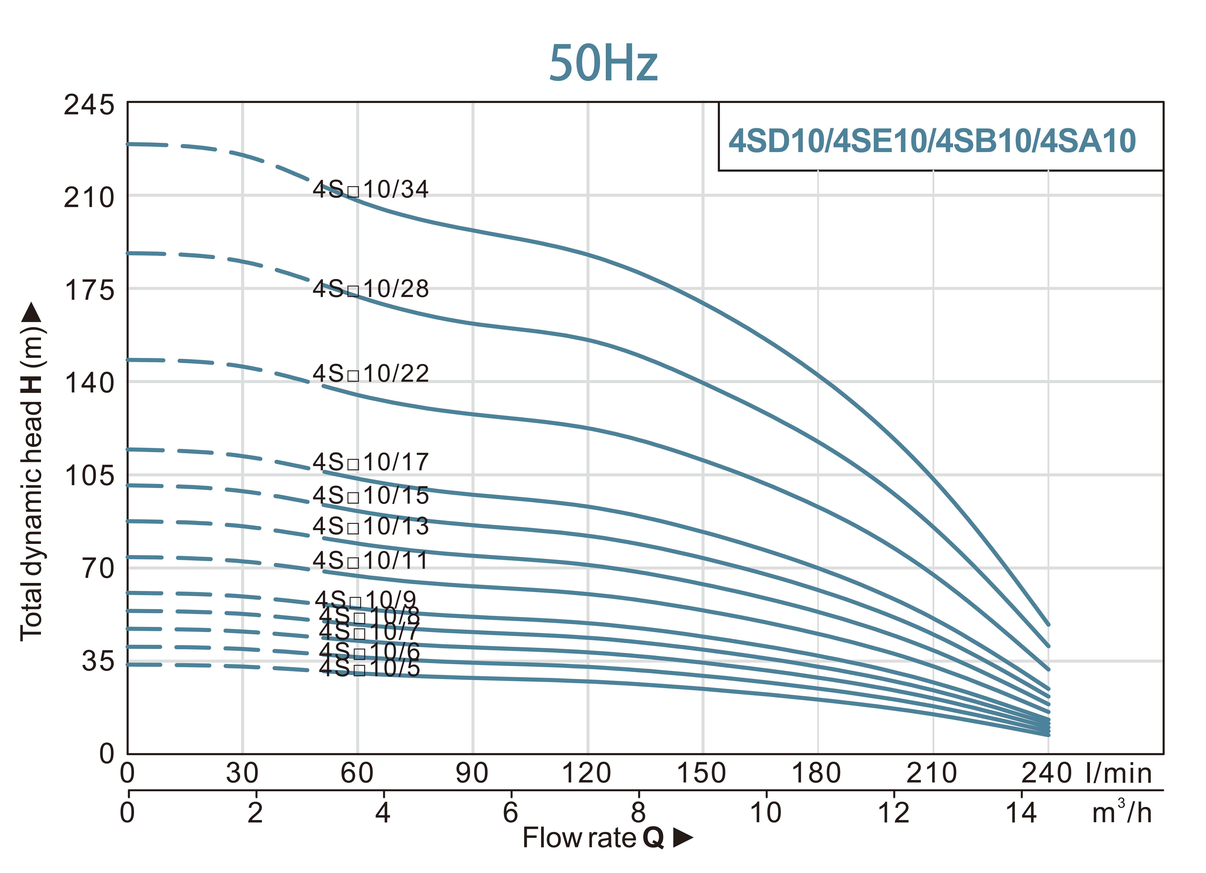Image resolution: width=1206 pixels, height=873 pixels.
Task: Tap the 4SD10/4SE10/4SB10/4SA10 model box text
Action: point(932,141)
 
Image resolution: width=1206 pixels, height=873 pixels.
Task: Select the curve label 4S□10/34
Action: point(371,189)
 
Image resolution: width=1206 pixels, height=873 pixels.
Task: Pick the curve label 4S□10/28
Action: point(371,289)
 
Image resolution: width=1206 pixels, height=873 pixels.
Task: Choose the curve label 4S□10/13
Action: point(371,526)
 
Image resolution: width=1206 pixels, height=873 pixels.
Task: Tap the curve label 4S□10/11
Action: point(371,561)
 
